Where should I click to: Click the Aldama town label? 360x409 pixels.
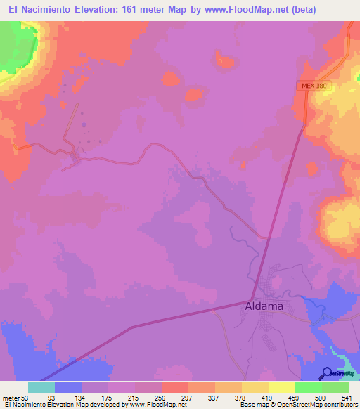(x=265, y=307)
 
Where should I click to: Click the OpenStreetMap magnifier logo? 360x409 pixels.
(x=327, y=374)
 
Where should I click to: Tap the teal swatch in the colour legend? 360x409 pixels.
(x=41, y=387)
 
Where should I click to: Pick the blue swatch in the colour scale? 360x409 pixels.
(x=68, y=387)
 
